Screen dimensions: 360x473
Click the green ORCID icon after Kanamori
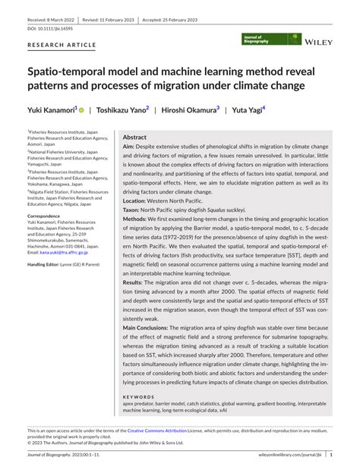click(81, 110)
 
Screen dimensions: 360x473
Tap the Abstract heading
click(134, 137)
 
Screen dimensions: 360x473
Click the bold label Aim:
click(129, 146)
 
